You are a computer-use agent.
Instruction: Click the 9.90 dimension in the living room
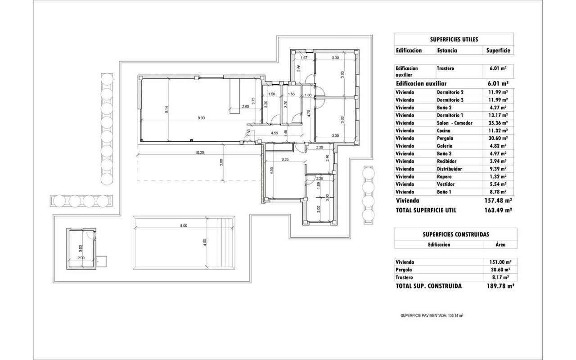pyautogui.click(x=201, y=118)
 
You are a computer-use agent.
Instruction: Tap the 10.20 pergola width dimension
pyautogui.click(x=199, y=153)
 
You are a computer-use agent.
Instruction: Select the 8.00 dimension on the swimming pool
pyautogui.click(x=184, y=225)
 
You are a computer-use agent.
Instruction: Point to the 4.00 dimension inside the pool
pyautogui.click(x=205, y=243)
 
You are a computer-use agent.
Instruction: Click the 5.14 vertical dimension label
pyautogui.click(x=166, y=109)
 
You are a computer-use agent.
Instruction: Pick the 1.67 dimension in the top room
pyautogui.click(x=304, y=58)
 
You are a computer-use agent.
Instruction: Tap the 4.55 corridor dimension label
pyautogui.click(x=274, y=133)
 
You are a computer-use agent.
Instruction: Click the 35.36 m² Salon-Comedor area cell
pyautogui.click(x=498, y=123)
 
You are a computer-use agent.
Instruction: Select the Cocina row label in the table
pyautogui.click(x=444, y=130)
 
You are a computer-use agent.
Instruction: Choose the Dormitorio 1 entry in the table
pyautogui.click(x=450, y=115)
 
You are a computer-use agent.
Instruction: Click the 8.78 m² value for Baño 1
pyautogui.click(x=497, y=192)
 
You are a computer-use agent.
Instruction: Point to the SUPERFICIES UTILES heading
pyautogui.click(x=454, y=39)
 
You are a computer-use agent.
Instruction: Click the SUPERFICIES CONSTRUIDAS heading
pyautogui.click(x=456, y=234)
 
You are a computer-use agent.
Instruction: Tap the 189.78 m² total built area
pyautogui.click(x=500, y=286)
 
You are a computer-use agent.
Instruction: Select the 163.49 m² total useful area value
pyautogui.click(x=498, y=210)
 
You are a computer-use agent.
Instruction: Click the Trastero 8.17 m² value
pyautogui.click(x=500, y=278)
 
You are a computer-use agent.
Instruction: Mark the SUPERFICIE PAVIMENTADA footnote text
pyautogui.click(x=432, y=315)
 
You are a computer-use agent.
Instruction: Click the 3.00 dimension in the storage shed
pyautogui.click(x=80, y=248)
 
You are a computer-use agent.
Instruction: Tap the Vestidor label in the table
pyautogui.click(x=445, y=184)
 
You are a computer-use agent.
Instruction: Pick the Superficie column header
pyautogui.click(x=498, y=50)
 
